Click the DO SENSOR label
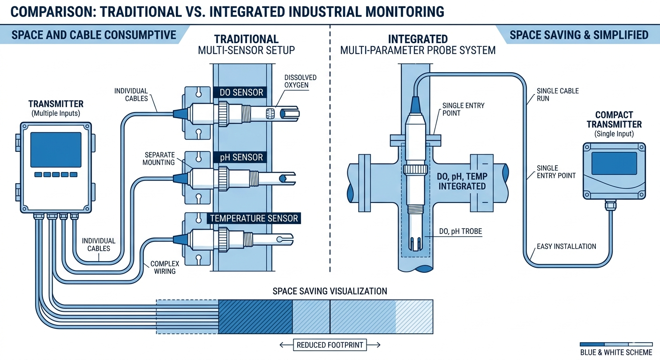click(241, 92)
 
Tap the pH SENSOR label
click(241, 157)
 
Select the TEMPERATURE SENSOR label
click(254, 218)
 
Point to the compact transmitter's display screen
click(614, 163)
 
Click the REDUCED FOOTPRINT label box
click(330, 345)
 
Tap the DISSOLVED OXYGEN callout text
click(300, 81)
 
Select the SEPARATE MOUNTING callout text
click(159, 158)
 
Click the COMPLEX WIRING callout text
click(165, 268)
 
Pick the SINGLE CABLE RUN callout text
click(557, 95)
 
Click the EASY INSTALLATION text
click(566, 246)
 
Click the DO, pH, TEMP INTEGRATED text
click(462, 181)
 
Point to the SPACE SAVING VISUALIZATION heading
click(330, 291)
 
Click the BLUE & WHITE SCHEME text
click(616, 352)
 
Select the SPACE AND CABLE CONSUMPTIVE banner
click(93, 35)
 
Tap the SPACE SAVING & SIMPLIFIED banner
click(578, 35)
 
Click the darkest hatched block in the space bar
click(255, 316)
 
